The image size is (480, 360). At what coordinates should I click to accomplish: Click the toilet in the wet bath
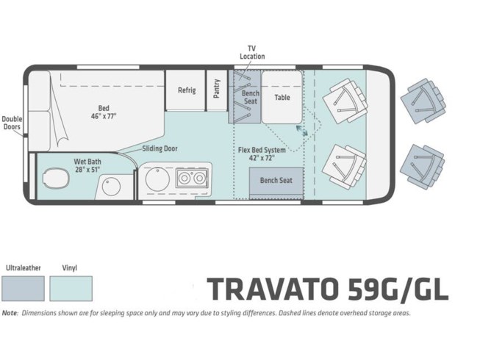[x=56, y=179]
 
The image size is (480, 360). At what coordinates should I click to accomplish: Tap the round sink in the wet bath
[x=111, y=187]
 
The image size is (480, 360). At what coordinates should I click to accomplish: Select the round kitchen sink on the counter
[x=157, y=179]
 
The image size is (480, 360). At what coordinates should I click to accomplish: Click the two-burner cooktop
[x=192, y=178]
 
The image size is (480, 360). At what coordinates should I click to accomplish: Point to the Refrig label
[x=187, y=90]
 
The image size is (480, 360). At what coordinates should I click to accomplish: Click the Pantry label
[x=217, y=89]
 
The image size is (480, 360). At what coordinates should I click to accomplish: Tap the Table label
[x=282, y=97]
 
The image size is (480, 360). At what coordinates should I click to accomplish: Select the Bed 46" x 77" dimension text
[x=104, y=112]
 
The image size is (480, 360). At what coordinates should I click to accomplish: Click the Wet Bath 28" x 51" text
[x=87, y=165]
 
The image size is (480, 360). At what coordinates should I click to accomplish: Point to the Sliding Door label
[x=160, y=149]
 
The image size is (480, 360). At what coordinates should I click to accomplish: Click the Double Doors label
[x=12, y=123]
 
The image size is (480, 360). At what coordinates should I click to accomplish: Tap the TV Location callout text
[x=252, y=52]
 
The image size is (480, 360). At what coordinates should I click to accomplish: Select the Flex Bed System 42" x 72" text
[x=262, y=154]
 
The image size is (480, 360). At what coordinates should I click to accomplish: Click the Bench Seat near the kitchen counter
[x=276, y=181]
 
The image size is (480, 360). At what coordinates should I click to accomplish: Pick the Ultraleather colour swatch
[x=23, y=289]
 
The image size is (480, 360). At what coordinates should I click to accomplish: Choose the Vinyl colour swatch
[x=71, y=289]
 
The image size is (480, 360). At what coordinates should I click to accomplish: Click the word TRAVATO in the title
[x=273, y=289]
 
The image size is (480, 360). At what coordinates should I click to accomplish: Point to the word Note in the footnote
[x=10, y=313]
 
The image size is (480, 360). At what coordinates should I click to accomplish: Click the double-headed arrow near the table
[x=302, y=130]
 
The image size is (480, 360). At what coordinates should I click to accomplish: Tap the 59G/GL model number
[x=398, y=289]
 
